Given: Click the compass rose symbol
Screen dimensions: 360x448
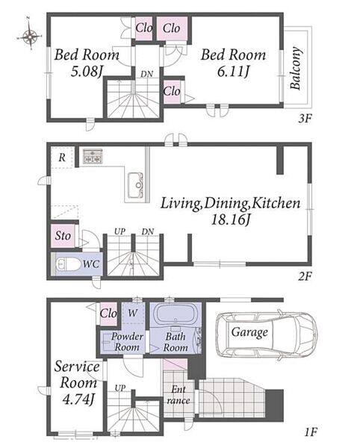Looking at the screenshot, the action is coord(30,35).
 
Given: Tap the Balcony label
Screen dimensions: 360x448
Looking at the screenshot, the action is coord(296,68).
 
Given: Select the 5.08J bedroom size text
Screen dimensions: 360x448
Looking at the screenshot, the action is coord(87,72).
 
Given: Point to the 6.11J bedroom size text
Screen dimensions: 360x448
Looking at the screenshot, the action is coord(233,72).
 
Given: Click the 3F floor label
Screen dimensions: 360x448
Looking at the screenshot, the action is coord(305,118).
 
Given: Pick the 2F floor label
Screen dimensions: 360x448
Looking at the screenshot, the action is coord(305,276).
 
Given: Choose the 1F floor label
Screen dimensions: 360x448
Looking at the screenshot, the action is coord(310,432).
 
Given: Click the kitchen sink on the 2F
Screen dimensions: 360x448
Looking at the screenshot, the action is coord(135,185).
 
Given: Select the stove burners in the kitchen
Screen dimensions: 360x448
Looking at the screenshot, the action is coord(93,156).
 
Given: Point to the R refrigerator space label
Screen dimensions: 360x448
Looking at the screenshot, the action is coord(62,158).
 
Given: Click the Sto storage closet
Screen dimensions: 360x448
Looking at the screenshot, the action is coord(63,236).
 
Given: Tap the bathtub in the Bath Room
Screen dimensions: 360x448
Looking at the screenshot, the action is coord(176,314).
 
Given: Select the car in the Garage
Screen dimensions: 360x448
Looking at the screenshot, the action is coord(267,333).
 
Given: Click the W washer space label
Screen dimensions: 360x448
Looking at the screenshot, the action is coord(132,313).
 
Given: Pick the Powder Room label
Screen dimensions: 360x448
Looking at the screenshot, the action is coord(127,342).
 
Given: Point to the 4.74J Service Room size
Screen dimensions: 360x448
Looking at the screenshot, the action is coord(78,399).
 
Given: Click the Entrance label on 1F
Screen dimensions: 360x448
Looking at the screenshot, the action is coord(179,395).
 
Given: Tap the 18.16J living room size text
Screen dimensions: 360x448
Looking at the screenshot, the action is coord(231,220).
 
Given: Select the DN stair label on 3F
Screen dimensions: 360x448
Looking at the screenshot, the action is coord(147,74).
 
